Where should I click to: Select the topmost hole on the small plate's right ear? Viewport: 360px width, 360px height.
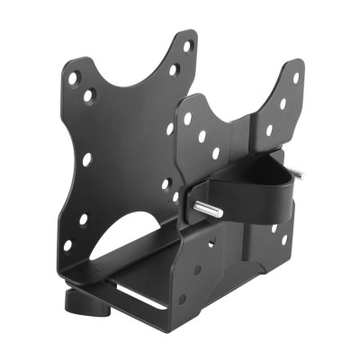click(x=296, y=78)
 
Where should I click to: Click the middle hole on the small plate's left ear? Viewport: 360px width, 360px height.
click(x=202, y=135)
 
